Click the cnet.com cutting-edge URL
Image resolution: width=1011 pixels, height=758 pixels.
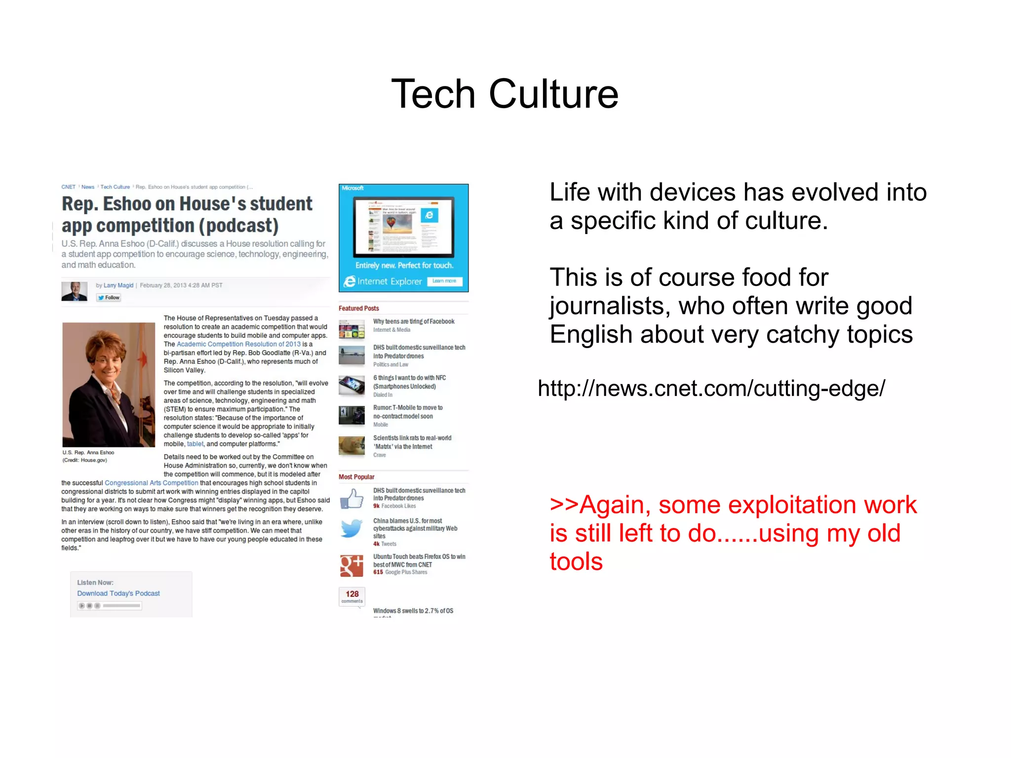click(x=711, y=389)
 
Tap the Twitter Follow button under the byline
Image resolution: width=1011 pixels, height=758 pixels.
click(x=109, y=297)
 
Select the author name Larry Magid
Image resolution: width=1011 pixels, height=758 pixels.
click(x=118, y=285)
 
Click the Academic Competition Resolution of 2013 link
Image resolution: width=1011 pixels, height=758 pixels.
click(x=238, y=344)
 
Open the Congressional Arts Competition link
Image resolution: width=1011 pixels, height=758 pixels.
click(x=151, y=483)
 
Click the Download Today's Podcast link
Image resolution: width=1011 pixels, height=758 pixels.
click(x=118, y=593)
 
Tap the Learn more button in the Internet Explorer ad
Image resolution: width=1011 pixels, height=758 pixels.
click(x=444, y=281)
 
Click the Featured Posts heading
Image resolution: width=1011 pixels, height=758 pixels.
click(x=359, y=308)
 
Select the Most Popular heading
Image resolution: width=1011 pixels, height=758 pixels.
click(x=356, y=477)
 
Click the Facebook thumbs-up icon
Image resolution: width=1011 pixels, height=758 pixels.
click(x=351, y=499)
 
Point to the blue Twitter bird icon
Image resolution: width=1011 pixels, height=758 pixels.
click(x=351, y=529)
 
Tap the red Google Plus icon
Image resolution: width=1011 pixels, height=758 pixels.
click(x=351, y=565)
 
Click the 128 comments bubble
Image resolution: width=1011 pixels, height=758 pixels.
click(x=352, y=596)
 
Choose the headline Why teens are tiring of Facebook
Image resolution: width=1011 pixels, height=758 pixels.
click(x=414, y=321)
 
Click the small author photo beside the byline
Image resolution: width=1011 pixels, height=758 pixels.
click(x=75, y=291)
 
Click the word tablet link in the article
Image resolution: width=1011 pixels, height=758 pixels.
click(x=195, y=444)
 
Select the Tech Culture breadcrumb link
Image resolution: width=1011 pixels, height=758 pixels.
click(x=115, y=187)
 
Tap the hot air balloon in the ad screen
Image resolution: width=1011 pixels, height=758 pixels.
click(x=391, y=223)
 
